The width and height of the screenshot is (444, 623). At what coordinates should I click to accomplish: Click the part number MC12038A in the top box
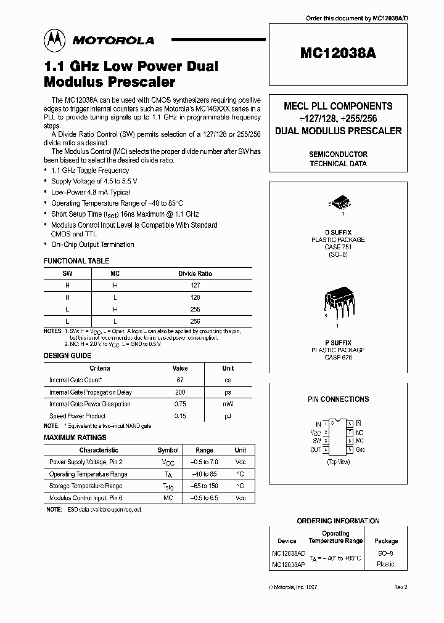click(338, 53)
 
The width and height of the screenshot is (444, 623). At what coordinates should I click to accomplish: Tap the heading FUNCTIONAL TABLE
click(76, 261)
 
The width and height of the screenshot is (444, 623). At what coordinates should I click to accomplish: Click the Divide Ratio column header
click(195, 273)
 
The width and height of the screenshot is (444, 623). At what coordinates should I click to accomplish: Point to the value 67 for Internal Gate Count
click(180, 380)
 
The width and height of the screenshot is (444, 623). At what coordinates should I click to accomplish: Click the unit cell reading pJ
click(228, 416)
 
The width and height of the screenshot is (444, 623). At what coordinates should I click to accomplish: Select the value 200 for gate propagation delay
click(180, 392)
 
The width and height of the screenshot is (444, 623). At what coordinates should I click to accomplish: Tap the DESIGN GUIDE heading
click(67, 356)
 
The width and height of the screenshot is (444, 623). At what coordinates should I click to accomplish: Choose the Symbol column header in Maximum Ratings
click(168, 450)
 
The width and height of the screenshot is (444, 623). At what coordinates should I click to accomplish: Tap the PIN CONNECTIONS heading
click(338, 399)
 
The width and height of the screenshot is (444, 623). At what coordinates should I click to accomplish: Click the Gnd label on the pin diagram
click(361, 449)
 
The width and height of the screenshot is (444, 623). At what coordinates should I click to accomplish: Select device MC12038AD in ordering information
click(287, 553)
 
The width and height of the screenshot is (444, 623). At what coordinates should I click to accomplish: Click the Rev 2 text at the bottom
click(401, 588)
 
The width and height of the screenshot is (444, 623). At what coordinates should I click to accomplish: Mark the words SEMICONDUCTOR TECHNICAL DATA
click(338, 159)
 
